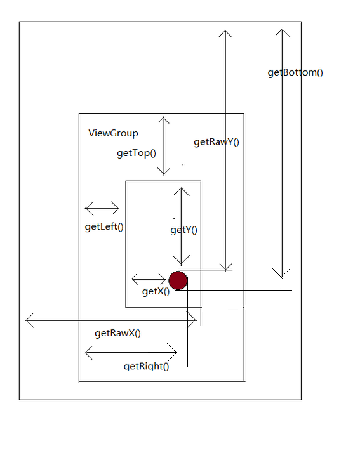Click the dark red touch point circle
click(x=178, y=280)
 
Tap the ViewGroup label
click(x=113, y=133)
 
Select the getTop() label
click(x=137, y=153)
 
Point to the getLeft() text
click(x=104, y=226)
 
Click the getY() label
click(x=184, y=230)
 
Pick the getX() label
click(x=156, y=291)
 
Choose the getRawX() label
click(x=117, y=333)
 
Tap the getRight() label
click(x=146, y=366)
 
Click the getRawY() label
click(x=217, y=142)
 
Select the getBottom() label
click(x=295, y=72)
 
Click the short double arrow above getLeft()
click(x=102, y=208)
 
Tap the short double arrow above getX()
click(x=149, y=279)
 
